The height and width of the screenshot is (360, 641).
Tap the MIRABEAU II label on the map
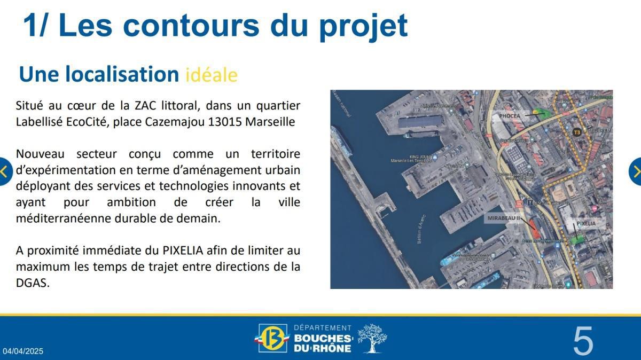point(503,218)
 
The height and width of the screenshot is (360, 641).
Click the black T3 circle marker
point(576,132)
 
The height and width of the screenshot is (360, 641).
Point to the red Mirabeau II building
point(534,229)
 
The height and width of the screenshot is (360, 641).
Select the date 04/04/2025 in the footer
point(23,351)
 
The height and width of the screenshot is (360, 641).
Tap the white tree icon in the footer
point(372,338)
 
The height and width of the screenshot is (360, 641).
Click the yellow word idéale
point(212,75)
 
